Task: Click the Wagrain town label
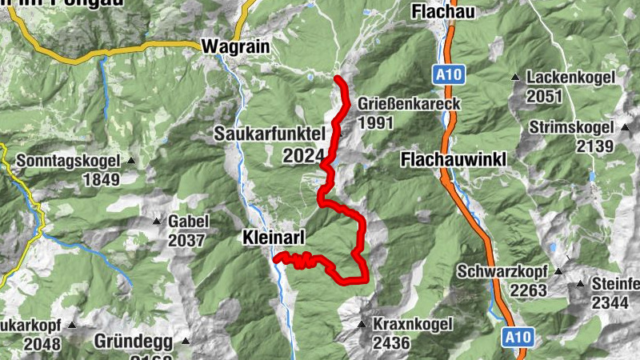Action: click(233, 46)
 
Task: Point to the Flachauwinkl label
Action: click(453, 160)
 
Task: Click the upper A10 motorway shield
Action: click(446, 75)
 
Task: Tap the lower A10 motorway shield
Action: click(516, 338)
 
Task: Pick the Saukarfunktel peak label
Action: click(268, 134)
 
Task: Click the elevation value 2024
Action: click(303, 155)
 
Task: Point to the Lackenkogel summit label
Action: click(570, 78)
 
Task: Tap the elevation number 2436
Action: click(390, 342)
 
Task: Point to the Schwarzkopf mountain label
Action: click(502, 270)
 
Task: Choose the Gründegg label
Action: click(134, 342)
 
